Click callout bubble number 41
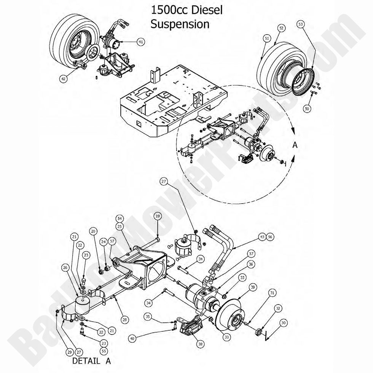click(141, 42)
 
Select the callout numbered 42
click(64, 78)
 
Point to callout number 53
click(301, 25)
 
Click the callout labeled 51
click(267, 38)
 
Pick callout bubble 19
click(157, 216)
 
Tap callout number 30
click(282, 323)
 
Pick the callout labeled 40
click(132, 338)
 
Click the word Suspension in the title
click(180, 24)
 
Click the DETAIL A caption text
click(91, 360)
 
